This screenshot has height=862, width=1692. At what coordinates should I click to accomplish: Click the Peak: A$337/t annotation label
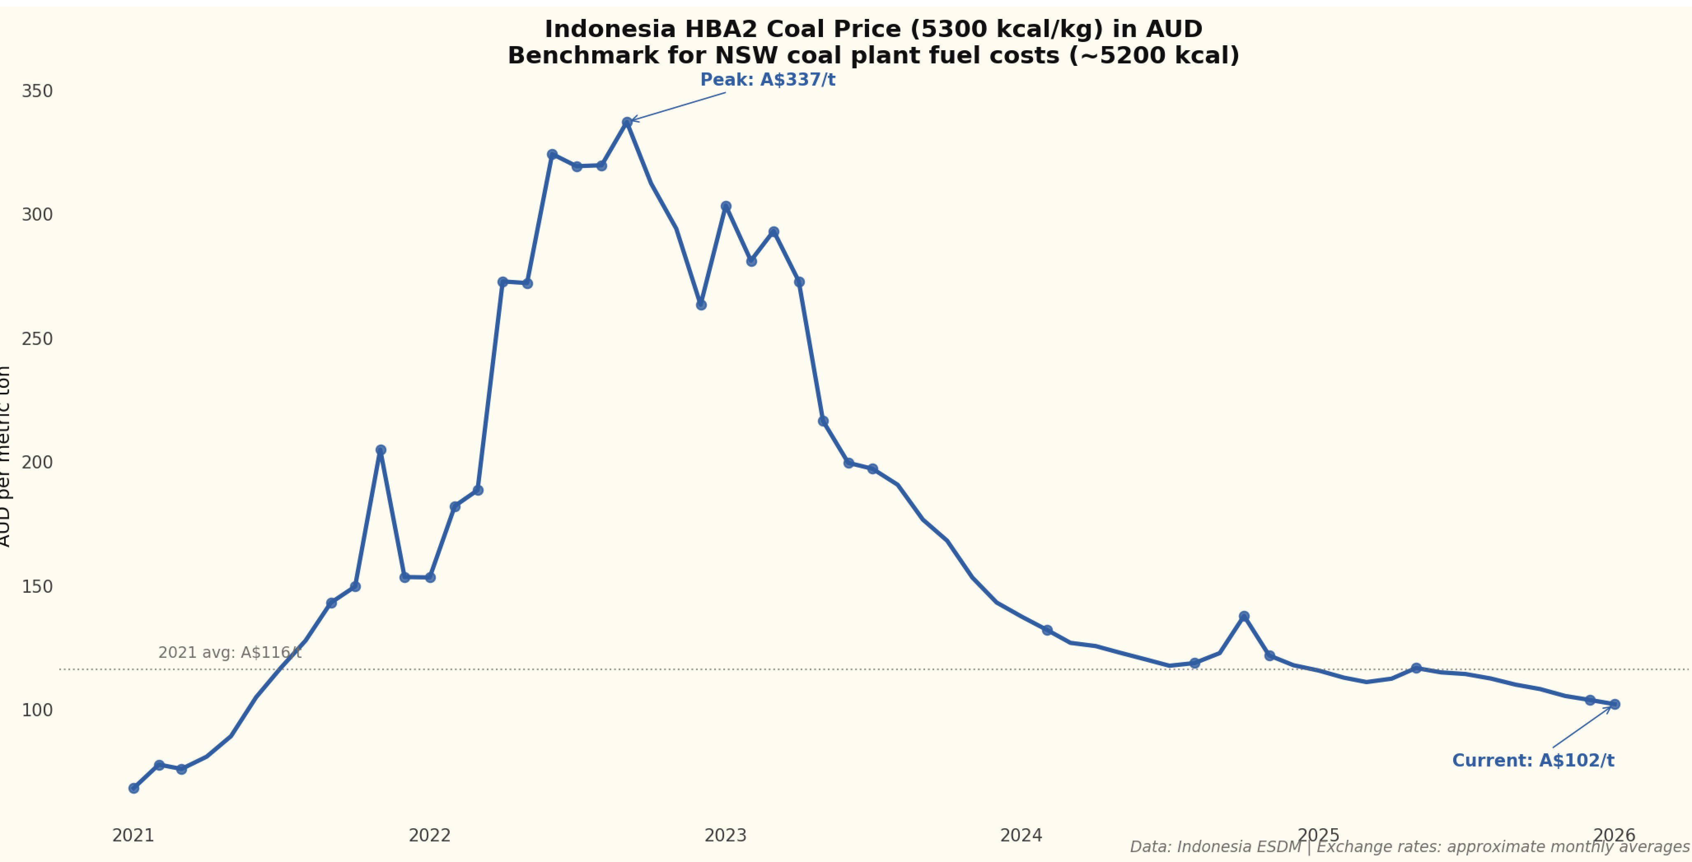[767, 80]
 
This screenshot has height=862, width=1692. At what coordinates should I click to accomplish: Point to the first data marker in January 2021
[134, 788]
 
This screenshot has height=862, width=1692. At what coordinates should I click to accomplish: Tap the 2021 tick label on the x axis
[133, 836]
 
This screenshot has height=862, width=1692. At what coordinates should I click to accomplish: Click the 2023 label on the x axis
[726, 836]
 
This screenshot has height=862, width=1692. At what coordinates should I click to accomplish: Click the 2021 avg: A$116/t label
[230, 652]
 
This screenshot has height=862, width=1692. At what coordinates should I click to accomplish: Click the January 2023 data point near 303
[726, 207]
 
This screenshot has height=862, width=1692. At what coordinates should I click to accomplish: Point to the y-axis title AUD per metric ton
[5, 456]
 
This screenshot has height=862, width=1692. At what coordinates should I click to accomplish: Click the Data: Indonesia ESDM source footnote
[1215, 847]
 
